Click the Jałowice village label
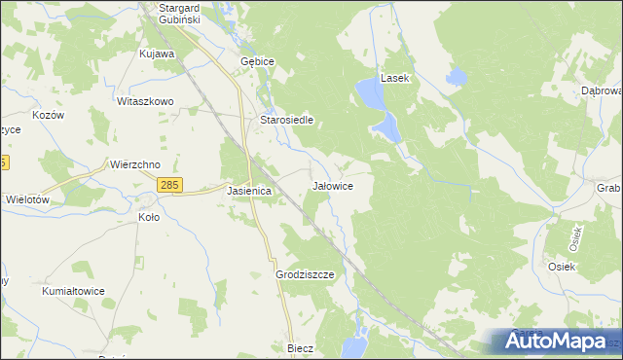(332, 185)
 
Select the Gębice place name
(258, 60)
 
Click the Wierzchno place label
(135, 164)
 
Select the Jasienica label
(248, 192)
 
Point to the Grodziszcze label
(305, 275)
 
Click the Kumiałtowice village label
(73, 291)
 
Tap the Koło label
(149, 217)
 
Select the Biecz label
(300, 347)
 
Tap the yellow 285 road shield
(170, 185)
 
